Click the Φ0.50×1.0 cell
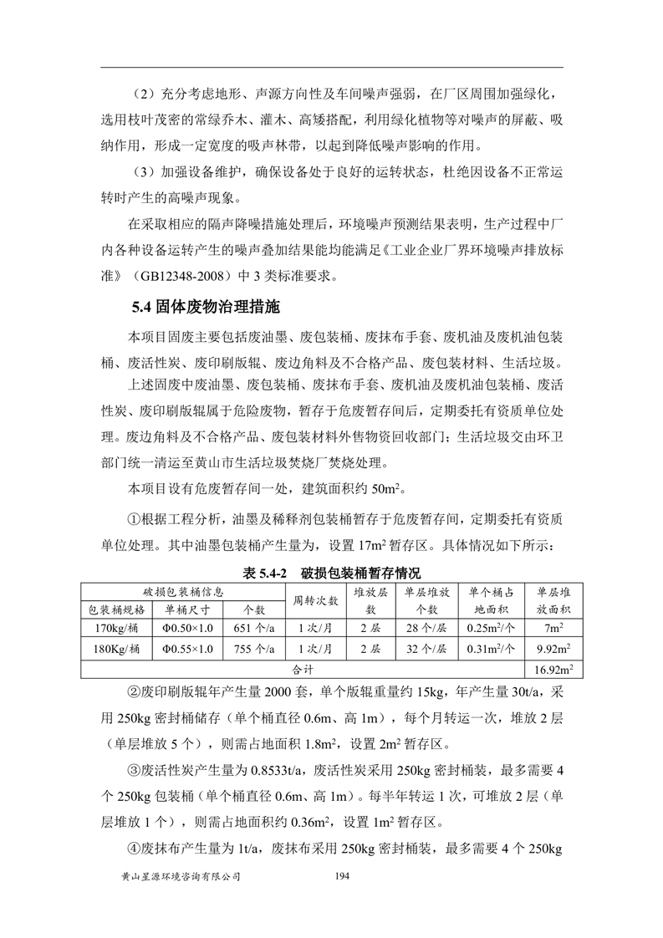pyautogui.click(x=187, y=628)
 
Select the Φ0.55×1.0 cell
pyautogui.click(x=187, y=648)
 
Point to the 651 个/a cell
pyautogui.click(x=250, y=628)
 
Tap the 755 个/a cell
pyautogui.click(x=250, y=648)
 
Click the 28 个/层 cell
pyautogui.click(x=423, y=628)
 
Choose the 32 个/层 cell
pyautogui.click(x=423, y=648)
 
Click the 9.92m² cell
pyautogui.click(x=553, y=648)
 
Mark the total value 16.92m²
pyautogui.click(x=553, y=669)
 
